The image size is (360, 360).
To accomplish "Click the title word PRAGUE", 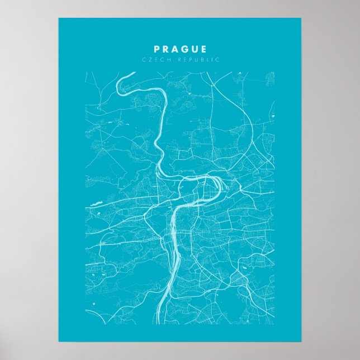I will coord(180,49).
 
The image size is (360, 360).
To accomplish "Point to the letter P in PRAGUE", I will coord(157,49).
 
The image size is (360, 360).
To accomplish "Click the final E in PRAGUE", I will coord(203,49).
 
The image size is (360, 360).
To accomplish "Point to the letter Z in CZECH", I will coord(148,59).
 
